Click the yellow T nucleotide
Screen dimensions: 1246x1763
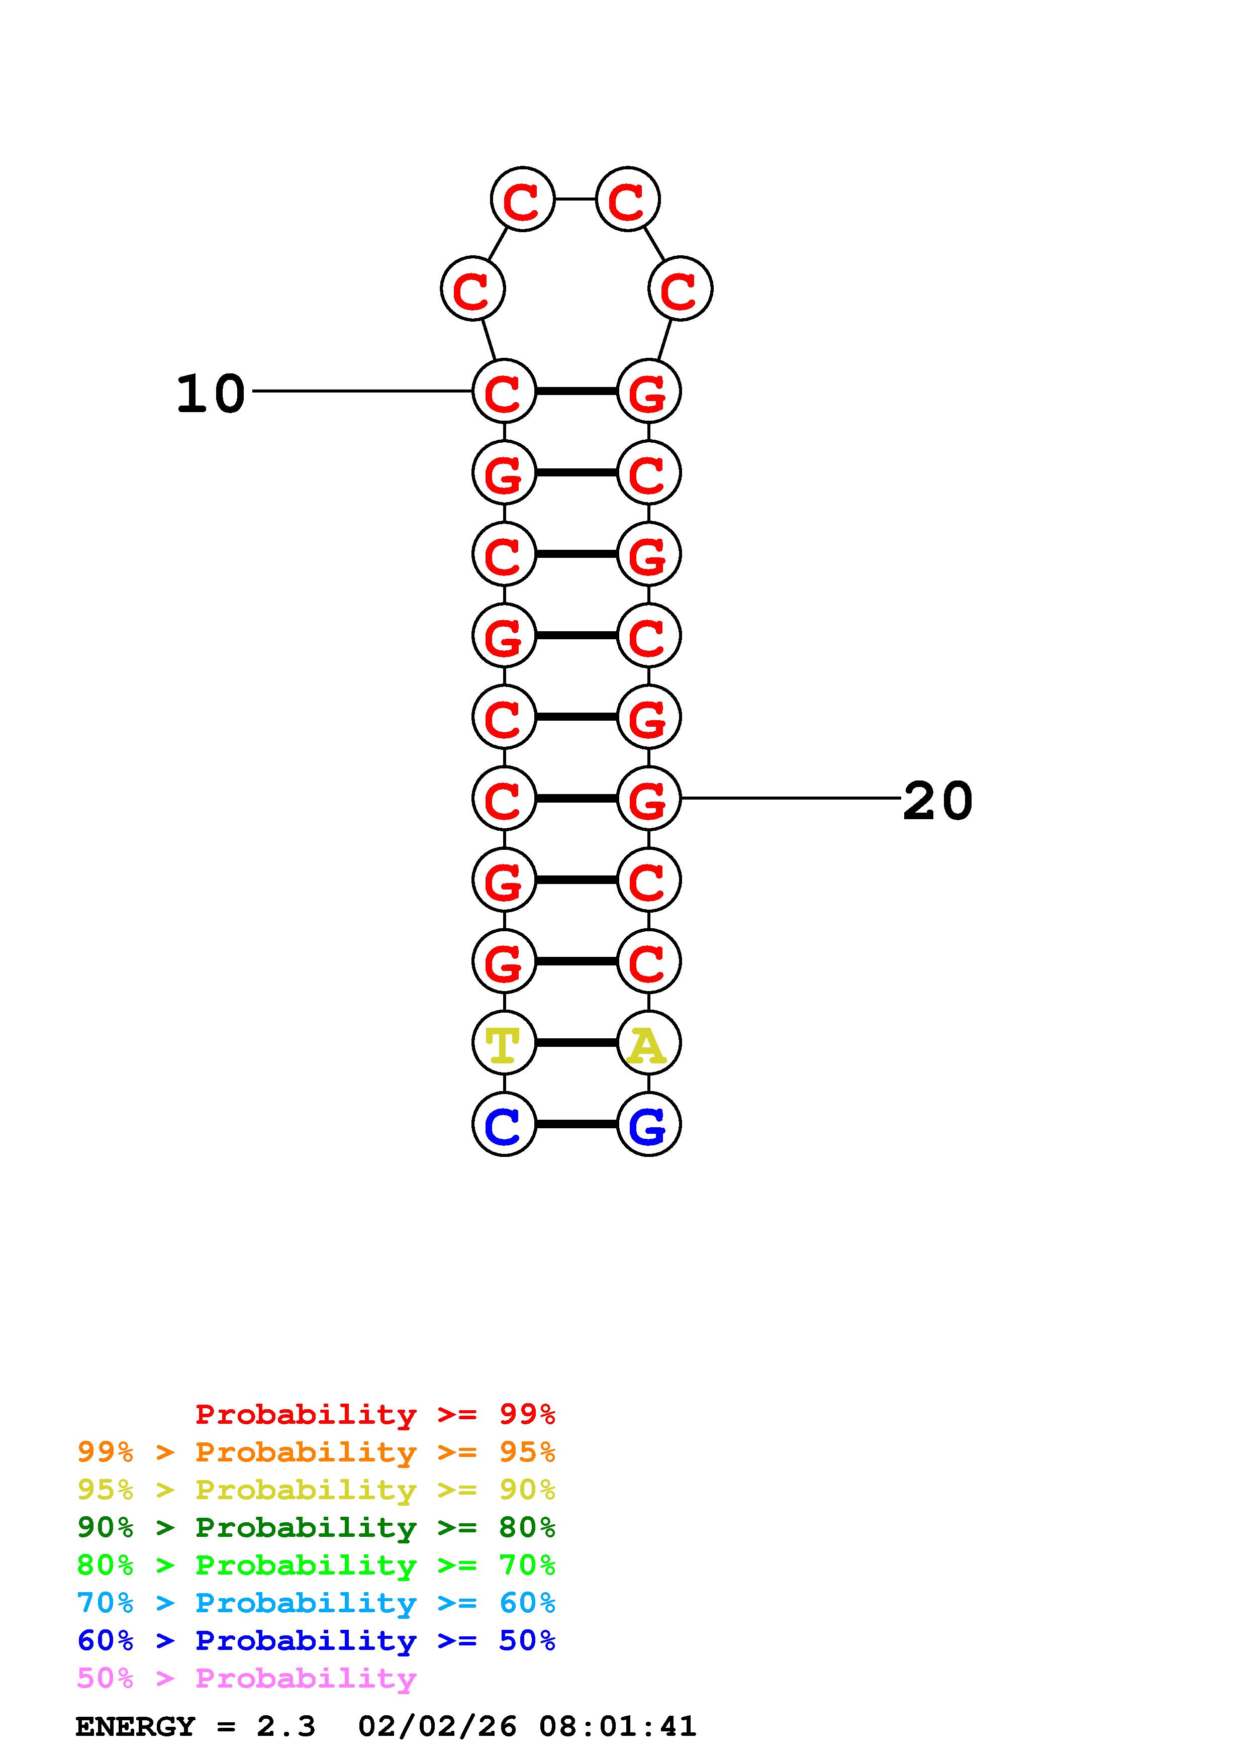point(504,1043)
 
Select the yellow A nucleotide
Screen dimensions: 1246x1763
point(649,1043)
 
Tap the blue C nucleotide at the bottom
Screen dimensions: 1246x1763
point(504,1124)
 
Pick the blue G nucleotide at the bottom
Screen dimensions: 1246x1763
point(649,1124)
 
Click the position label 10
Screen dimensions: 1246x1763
point(211,394)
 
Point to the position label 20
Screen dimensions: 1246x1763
point(937,801)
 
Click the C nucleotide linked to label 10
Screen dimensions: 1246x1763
point(504,391)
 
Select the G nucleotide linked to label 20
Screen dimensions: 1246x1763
point(649,799)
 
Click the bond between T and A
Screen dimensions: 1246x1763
point(576,1043)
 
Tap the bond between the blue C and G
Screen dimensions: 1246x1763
point(576,1124)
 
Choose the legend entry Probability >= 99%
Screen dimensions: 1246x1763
point(374,1414)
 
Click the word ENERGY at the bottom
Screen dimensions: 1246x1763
point(135,1726)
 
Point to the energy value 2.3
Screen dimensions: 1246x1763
point(285,1726)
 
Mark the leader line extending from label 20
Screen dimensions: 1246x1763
point(791,799)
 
